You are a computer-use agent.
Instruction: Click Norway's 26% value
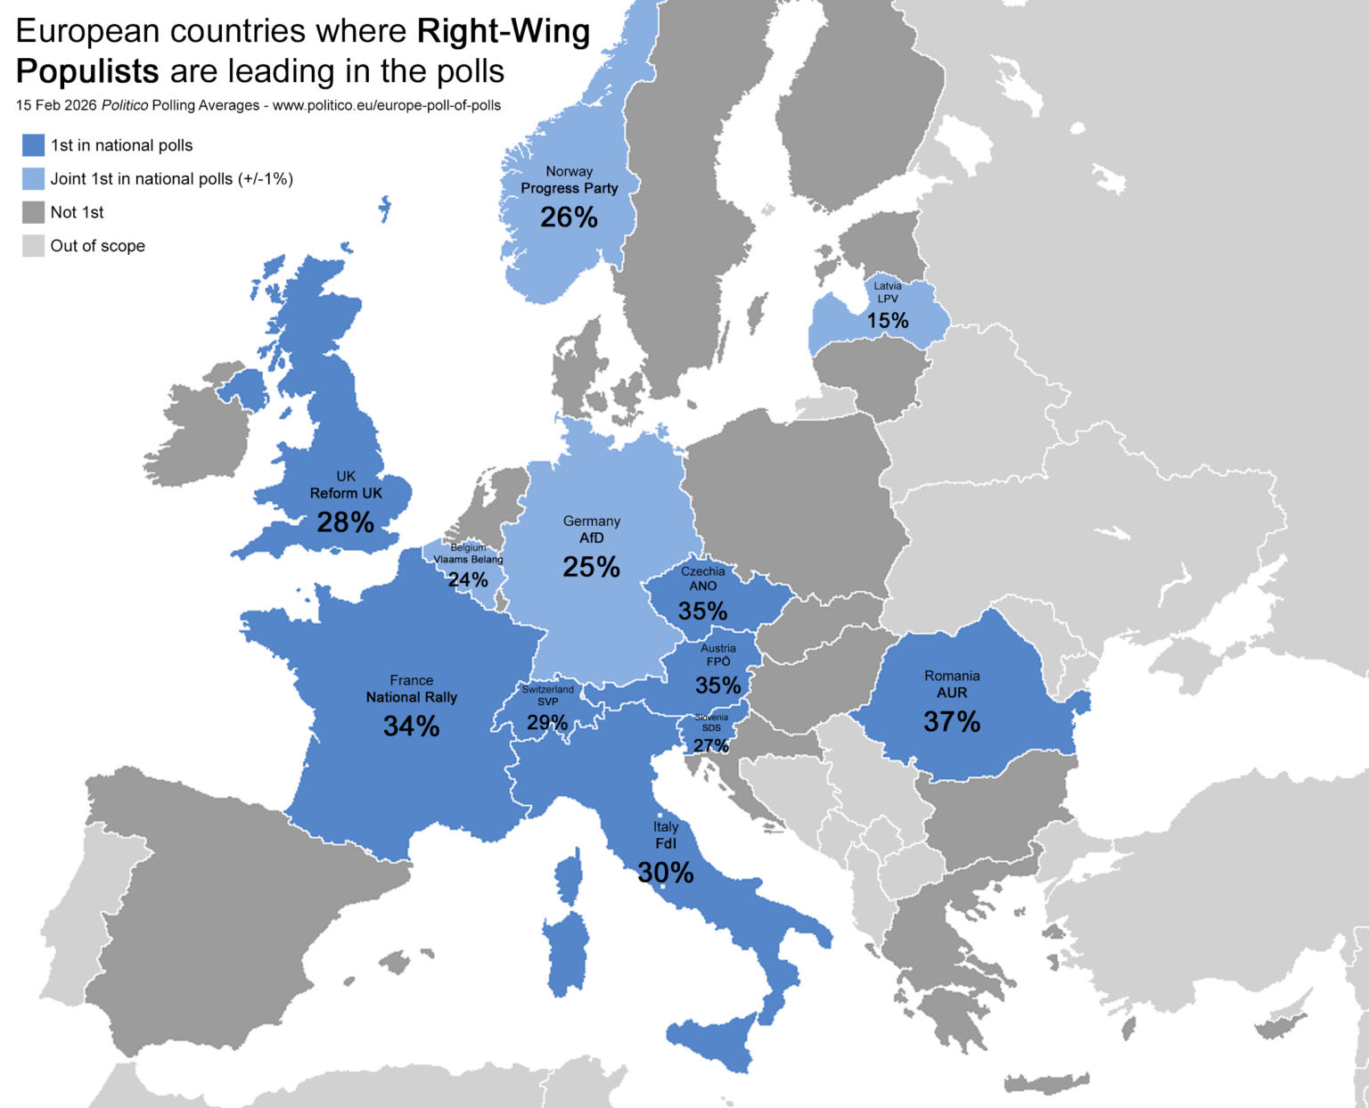[x=569, y=217]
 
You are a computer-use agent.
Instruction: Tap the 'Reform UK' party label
[x=346, y=493]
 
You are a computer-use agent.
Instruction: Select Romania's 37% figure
[x=952, y=721]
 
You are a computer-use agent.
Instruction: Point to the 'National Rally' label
[x=411, y=697]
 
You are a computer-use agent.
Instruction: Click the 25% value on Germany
[x=591, y=567]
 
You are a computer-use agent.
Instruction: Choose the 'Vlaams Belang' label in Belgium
[x=468, y=560]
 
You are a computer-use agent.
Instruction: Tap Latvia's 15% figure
[x=888, y=321]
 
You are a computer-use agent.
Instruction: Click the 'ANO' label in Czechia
[x=702, y=586]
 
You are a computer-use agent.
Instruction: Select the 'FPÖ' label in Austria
[x=718, y=661]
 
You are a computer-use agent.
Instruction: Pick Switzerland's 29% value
[x=547, y=722]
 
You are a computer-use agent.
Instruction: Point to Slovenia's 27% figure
[x=711, y=745]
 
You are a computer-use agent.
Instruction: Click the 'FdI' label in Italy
[x=666, y=843]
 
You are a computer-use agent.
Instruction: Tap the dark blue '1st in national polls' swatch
[x=33, y=145]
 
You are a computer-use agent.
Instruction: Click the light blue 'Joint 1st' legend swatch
[x=33, y=178]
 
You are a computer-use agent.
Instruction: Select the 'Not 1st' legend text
[x=77, y=212]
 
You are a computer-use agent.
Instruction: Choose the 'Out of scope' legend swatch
[x=33, y=246]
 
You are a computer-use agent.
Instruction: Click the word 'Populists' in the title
[x=87, y=71]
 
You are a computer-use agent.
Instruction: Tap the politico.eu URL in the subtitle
[x=386, y=105]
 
